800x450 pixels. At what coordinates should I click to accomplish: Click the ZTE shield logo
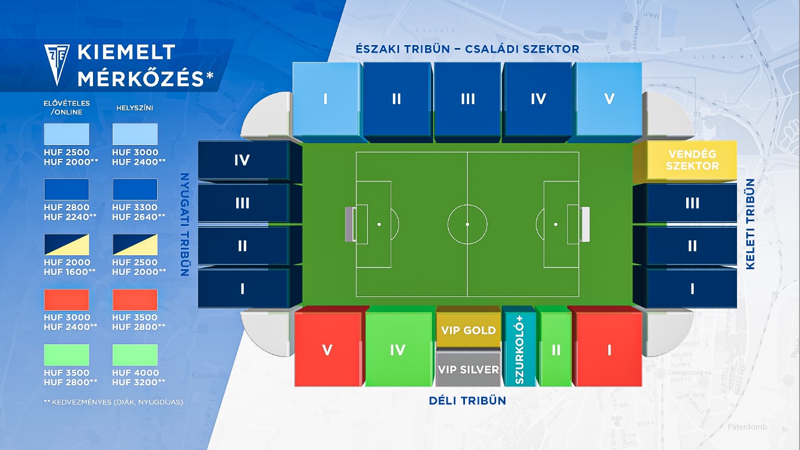(x=57, y=65)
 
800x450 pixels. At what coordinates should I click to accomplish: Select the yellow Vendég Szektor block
(x=685, y=161)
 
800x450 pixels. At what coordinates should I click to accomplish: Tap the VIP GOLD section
(x=468, y=327)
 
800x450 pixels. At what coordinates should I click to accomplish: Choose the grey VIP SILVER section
(x=468, y=369)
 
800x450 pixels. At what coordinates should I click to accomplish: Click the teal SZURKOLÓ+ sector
(x=519, y=347)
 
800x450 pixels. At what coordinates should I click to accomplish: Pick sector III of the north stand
(x=467, y=101)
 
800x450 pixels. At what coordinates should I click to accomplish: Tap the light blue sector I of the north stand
(x=326, y=101)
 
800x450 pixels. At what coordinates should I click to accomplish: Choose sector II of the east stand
(x=685, y=246)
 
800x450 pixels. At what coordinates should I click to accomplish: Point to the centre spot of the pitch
(x=467, y=224)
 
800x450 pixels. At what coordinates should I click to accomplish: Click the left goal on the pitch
(x=350, y=224)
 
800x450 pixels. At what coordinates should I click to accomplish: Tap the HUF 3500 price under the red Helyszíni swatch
(x=135, y=317)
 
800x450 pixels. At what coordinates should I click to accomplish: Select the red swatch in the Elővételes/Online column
(x=66, y=300)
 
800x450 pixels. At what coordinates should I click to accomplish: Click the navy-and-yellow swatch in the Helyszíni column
(x=135, y=245)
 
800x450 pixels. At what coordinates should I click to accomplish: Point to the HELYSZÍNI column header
(x=135, y=108)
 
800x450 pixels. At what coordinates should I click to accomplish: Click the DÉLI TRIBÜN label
(x=467, y=401)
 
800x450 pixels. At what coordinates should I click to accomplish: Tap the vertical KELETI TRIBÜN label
(x=750, y=224)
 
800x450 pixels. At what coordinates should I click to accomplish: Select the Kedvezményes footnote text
(x=113, y=402)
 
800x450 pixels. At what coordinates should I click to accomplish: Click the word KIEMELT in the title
(x=126, y=52)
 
